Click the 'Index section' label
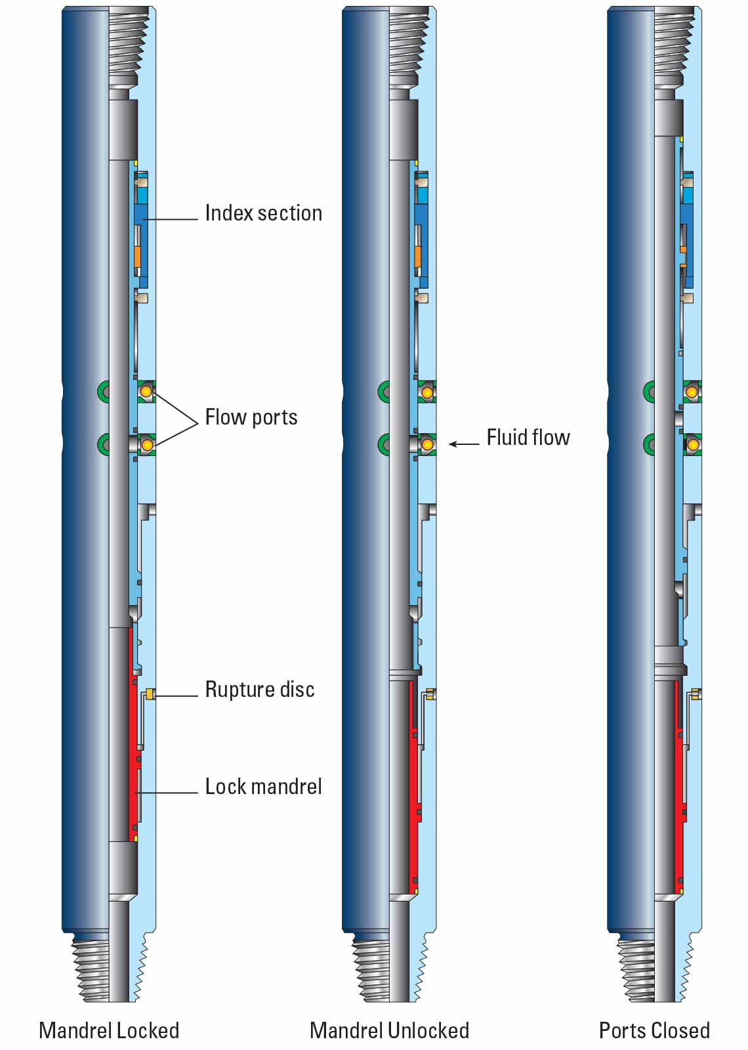[x=263, y=213]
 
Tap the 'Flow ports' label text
[x=251, y=417]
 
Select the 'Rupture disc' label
[x=260, y=689]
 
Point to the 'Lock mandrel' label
[x=263, y=786]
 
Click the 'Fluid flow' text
[x=528, y=437]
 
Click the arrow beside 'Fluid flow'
[x=464, y=444]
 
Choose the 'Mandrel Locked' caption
[x=109, y=1030]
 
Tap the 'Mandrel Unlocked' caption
[x=389, y=1030]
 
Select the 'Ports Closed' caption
[x=654, y=1030]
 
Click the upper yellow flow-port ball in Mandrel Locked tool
[x=146, y=392]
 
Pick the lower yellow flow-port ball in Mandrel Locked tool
[x=147, y=445]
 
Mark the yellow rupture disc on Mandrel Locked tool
[x=150, y=694]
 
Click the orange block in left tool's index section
[x=138, y=257]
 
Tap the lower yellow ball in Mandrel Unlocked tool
[x=427, y=445]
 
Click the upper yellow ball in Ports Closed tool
[x=692, y=392]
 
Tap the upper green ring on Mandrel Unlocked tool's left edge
[x=384, y=392]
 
